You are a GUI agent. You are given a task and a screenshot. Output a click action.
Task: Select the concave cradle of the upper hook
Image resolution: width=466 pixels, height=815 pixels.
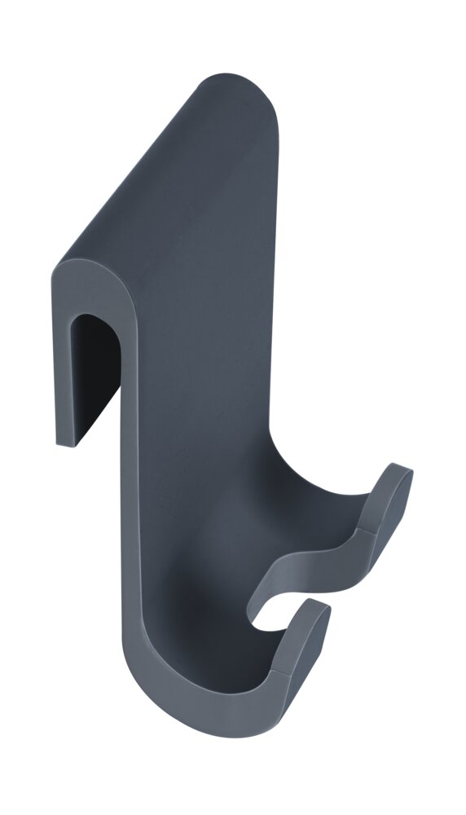(x=326, y=497)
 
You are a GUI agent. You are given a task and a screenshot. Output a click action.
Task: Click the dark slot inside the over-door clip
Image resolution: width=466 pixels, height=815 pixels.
(x=94, y=367)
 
